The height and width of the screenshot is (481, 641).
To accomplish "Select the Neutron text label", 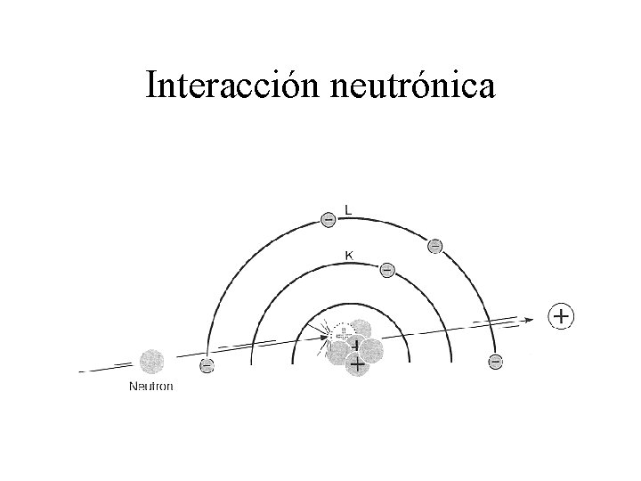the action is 151,386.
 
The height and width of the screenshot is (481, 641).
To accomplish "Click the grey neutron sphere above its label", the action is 151,361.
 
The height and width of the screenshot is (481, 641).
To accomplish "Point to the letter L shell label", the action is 348,210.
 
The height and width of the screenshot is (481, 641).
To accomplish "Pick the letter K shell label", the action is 348,255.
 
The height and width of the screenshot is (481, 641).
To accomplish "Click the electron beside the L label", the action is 328,217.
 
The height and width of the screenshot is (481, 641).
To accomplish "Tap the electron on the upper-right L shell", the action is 434,246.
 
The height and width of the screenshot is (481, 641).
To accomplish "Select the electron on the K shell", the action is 386,268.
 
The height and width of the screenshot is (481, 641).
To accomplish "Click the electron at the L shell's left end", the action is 207,364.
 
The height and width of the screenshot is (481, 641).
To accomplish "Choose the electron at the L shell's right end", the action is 495,362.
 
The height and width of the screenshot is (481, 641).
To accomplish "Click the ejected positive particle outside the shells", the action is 562,315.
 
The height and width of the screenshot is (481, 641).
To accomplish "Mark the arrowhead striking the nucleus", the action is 325,337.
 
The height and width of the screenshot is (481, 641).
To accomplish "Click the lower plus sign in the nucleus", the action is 357,364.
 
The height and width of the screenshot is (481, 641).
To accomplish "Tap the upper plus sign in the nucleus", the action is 356,346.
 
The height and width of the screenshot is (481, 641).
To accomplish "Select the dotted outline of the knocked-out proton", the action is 339,332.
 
